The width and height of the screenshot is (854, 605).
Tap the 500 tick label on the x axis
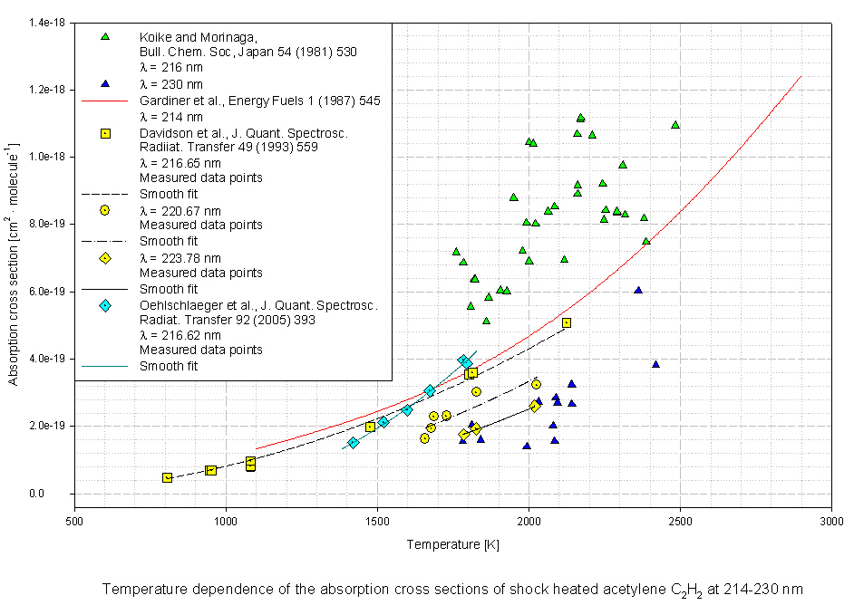pyautogui.click(x=75, y=522)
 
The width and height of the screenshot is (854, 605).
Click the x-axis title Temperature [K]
pyautogui.click(x=452, y=544)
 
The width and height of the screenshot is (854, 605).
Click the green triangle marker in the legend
pyautogui.click(x=105, y=36)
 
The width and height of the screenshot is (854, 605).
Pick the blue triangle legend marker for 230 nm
pyautogui.click(x=105, y=84)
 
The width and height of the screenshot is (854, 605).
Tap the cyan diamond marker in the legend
pyautogui.click(x=105, y=305)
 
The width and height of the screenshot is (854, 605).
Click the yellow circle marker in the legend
pyautogui.click(x=105, y=210)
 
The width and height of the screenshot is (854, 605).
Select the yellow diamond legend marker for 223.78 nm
pyautogui.click(x=105, y=258)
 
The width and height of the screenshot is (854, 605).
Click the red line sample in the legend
pyautogui.click(x=105, y=101)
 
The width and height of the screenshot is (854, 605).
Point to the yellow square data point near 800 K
pyautogui.click(x=167, y=477)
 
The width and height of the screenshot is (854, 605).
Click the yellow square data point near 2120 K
pyautogui.click(x=567, y=322)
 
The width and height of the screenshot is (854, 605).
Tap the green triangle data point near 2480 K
pyautogui.click(x=675, y=125)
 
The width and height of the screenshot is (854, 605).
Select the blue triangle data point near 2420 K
pyautogui.click(x=655, y=364)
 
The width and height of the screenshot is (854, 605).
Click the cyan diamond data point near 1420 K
pyautogui.click(x=354, y=443)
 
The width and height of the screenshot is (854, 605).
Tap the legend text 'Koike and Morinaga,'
pyautogui.click(x=199, y=36)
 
